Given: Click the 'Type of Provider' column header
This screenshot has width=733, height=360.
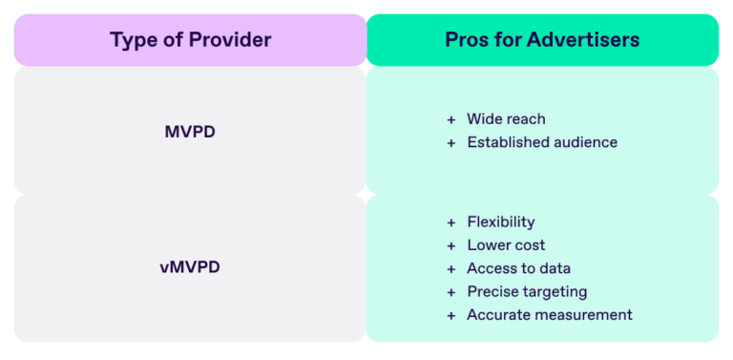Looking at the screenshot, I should (x=190, y=40).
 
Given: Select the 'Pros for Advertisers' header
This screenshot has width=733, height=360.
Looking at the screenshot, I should (x=542, y=40).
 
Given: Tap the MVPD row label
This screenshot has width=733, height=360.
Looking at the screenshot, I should (x=190, y=132).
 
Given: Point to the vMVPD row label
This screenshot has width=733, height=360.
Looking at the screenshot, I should (x=190, y=267).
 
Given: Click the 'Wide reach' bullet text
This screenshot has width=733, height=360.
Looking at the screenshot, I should (x=506, y=119).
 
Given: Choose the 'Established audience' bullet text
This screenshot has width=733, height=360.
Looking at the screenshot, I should (x=542, y=142).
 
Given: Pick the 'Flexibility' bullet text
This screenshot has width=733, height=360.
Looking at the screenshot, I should (x=500, y=222).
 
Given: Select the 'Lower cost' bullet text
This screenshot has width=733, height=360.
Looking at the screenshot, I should (x=506, y=245).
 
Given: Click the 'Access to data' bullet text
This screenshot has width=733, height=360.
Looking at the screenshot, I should (x=518, y=268).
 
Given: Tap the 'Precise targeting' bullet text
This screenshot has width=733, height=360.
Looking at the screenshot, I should (x=527, y=291).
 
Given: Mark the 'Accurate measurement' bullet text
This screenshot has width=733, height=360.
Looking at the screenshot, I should (x=549, y=315).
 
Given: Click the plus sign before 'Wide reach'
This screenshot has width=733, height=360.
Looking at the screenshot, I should (x=450, y=119).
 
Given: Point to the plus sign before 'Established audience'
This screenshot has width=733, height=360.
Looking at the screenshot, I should (x=450, y=142).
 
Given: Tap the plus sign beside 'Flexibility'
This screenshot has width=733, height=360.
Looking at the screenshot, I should (x=450, y=222).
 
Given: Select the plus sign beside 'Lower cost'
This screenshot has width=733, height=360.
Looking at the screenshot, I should (x=450, y=245).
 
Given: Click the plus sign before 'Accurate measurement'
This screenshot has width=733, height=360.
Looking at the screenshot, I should (x=450, y=315).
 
